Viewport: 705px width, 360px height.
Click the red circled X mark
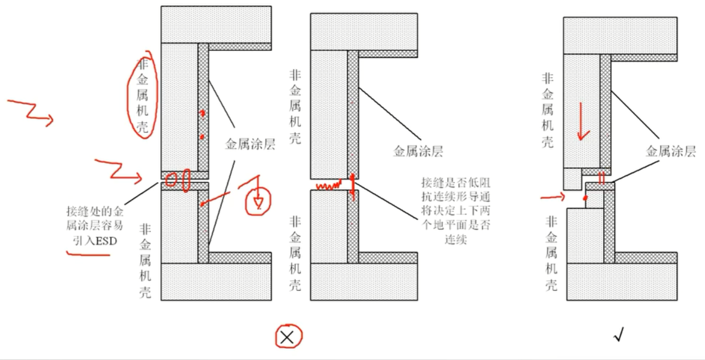pos(287,337)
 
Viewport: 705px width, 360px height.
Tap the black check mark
pos(619,336)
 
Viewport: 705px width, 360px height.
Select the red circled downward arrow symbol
pos(258,201)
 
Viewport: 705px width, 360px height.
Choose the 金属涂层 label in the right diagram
pos(671,151)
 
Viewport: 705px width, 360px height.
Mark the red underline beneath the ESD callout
pos(89,254)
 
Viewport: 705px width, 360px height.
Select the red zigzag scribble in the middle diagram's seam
pos(328,185)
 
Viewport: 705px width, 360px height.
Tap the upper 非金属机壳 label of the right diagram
pos(548,109)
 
